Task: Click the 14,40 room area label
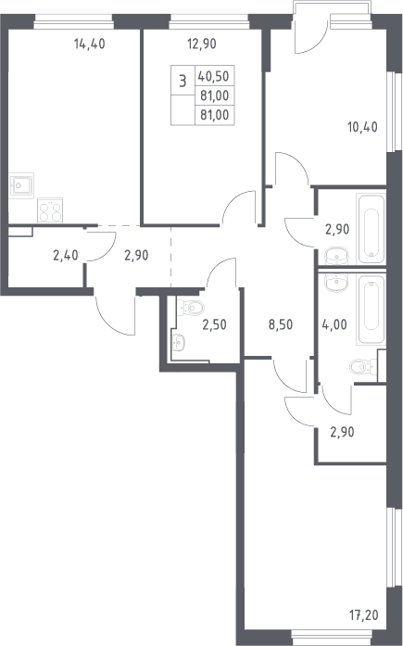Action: tap(90, 44)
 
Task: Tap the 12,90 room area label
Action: tap(202, 44)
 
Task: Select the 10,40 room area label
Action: tap(362, 127)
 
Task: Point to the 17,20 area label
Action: tap(364, 615)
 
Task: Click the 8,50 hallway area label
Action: tap(281, 324)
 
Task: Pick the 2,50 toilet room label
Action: tap(214, 324)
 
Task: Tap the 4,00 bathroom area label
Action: tap(334, 324)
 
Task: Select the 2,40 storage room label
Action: tap(66, 256)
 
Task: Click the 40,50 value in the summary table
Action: tap(214, 76)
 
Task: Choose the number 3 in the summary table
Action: tap(183, 81)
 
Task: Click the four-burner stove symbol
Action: tap(50, 210)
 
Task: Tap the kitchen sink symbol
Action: tap(21, 185)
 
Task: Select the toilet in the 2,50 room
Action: tap(190, 308)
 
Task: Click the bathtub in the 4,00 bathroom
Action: tap(372, 310)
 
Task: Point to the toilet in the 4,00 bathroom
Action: tap(363, 367)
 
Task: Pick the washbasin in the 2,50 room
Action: tap(178, 342)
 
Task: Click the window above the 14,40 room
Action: tap(73, 21)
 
